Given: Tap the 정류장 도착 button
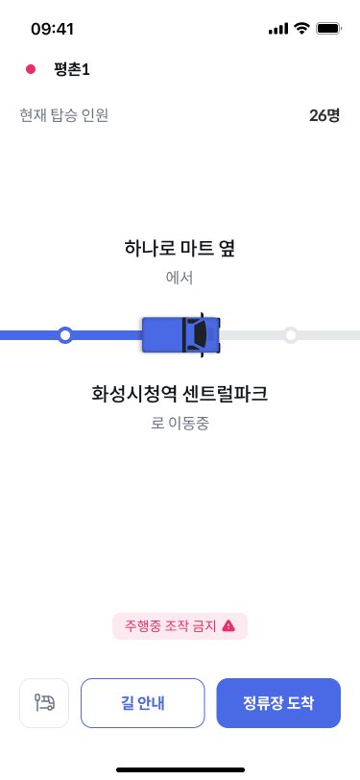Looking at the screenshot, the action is (x=278, y=702).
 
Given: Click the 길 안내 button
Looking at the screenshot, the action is (x=143, y=702).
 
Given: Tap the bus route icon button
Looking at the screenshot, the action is (x=44, y=702).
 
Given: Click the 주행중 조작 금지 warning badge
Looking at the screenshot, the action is (x=180, y=626).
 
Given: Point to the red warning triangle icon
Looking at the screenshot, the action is (x=228, y=626).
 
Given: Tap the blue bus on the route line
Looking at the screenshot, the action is (x=180, y=334).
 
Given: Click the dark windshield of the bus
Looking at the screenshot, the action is (x=199, y=334).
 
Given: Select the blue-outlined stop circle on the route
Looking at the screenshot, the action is (x=65, y=335).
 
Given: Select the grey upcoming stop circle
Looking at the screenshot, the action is (x=291, y=335).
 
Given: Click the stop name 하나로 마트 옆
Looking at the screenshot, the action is (x=180, y=249).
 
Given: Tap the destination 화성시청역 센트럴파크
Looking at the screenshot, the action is (x=180, y=393).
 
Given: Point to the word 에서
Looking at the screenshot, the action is (x=180, y=278).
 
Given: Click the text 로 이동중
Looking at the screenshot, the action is (x=180, y=422).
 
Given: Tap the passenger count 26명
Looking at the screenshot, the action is (x=324, y=115).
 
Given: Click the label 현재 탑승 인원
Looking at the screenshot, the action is (x=64, y=115).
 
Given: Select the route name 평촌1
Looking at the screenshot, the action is (x=73, y=69).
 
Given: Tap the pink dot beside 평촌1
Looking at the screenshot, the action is (x=31, y=69).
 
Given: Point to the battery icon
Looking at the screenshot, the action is (x=328, y=29).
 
